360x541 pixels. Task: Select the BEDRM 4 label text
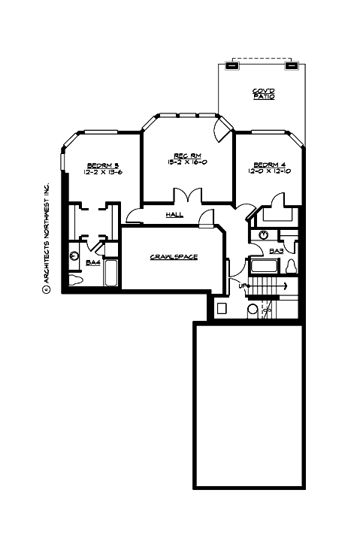[268, 165]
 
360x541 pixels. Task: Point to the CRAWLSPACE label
[174, 257]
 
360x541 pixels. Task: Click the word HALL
[174, 216]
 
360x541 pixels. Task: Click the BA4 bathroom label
[93, 262]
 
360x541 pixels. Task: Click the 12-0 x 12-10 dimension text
[268, 172]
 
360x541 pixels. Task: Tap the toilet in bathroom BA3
[292, 265]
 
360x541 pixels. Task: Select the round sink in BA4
[74, 256]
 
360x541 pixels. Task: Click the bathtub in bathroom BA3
[264, 266]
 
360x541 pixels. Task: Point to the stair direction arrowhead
[286, 286]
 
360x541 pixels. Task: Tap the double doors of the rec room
[186, 195]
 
